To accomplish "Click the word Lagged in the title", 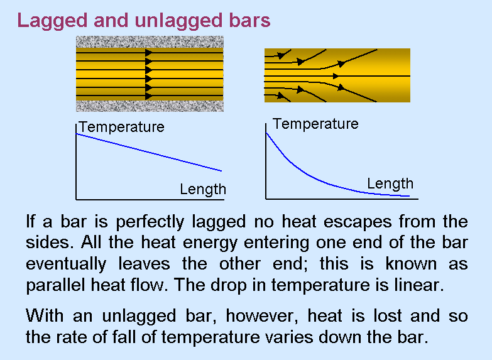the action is click(x=52, y=21).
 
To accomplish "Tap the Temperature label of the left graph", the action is click(x=122, y=127).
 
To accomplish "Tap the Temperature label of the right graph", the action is click(x=315, y=124).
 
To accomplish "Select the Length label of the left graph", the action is click(x=203, y=190).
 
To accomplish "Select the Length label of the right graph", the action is click(x=390, y=184).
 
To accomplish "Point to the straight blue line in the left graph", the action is click(x=149, y=153).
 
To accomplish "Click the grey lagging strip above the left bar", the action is click(x=150, y=41).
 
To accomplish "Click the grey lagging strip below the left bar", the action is click(x=150, y=106).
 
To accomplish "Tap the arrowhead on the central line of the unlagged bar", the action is click(x=336, y=76).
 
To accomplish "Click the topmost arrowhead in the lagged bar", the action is click(x=149, y=53).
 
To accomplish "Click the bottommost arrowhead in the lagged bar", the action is click(x=149, y=96).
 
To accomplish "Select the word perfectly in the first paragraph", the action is click(x=150, y=222).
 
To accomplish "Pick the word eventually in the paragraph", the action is click(x=66, y=264).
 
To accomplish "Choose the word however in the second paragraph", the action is click(x=261, y=316).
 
